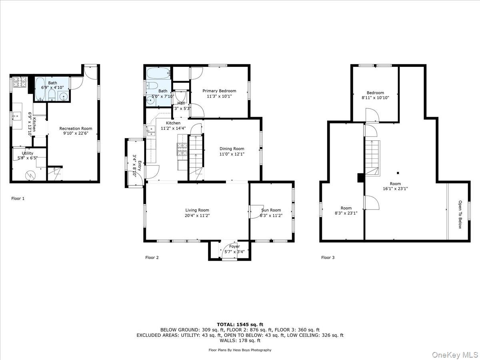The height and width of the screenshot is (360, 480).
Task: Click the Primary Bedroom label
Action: (219, 91)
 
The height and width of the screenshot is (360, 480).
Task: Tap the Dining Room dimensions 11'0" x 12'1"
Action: (232, 154)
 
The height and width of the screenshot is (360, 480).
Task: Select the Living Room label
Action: (197, 210)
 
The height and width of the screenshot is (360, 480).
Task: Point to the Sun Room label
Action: (271, 210)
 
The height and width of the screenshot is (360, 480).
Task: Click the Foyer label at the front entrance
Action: (234, 246)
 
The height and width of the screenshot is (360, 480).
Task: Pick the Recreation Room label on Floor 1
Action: (76, 128)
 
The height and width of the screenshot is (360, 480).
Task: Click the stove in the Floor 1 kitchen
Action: (19, 82)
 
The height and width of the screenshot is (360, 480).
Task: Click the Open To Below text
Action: (460, 215)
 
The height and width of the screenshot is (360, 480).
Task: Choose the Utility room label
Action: (28, 153)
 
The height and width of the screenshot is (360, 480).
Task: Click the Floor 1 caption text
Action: (18, 198)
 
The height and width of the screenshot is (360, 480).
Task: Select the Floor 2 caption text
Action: (152, 258)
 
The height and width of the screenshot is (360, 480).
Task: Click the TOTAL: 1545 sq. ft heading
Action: (240, 324)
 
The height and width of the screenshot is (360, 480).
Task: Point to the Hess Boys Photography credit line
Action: (240, 350)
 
